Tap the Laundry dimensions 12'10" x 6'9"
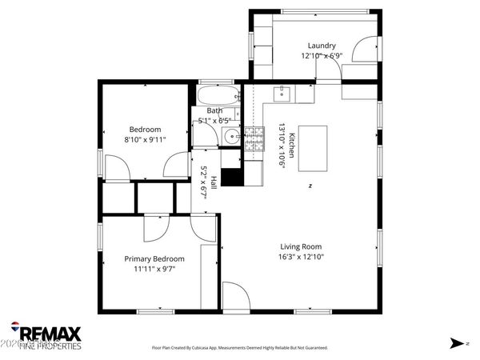click(x=322, y=57)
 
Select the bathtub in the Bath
click(x=214, y=96)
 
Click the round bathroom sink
click(x=230, y=136)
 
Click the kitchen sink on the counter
click(x=282, y=94)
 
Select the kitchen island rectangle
click(x=314, y=148)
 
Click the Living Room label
click(x=301, y=246)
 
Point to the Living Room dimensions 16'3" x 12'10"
click(x=301, y=258)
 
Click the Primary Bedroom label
click(x=154, y=258)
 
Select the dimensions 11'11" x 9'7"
click(x=154, y=270)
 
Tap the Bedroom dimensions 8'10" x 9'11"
click(x=146, y=140)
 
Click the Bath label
click(x=214, y=110)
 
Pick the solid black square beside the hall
click(x=231, y=178)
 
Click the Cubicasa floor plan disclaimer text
click(x=239, y=348)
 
